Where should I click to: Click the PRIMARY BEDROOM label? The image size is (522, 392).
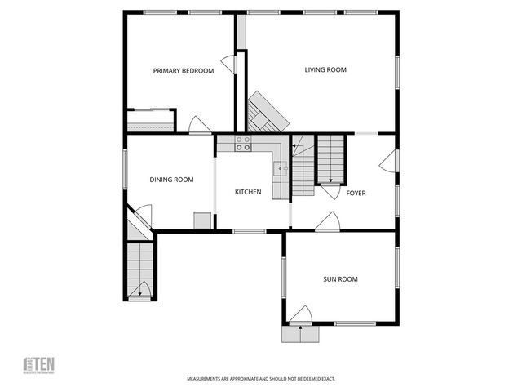pyautogui.click(x=184, y=71)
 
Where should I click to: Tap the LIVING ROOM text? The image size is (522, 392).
pyautogui.click(x=325, y=70)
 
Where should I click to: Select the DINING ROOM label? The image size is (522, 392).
pyautogui.click(x=171, y=180)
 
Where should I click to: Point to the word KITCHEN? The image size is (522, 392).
pyautogui.click(x=248, y=192)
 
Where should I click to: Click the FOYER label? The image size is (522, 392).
pyautogui.click(x=356, y=194)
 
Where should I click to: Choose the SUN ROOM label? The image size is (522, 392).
pyautogui.click(x=340, y=279)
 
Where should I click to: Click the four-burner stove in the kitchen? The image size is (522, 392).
pyautogui.click(x=243, y=143)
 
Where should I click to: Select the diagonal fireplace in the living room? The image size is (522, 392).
pyautogui.click(x=268, y=112)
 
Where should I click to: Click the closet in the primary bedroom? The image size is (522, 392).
pyautogui.click(x=151, y=121)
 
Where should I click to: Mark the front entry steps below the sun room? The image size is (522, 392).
pyautogui.click(x=300, y=332)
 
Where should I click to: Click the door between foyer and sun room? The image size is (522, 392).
pyautogui.click(x=328, y=221)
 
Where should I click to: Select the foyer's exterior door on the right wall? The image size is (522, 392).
pyautogui.click(x=388, y=161)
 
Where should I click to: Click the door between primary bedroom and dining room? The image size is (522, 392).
pyautogui.click(x=200, y=125)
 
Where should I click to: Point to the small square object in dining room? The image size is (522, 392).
pyautogui.click(x=201, y=220)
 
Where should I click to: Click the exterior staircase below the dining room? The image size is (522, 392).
pyautogui.click(x=140, y=270)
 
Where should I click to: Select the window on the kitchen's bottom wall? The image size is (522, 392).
pyautogui.click(x=249, y=232)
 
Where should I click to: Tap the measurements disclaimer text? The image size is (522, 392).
pyautogui.click(x=261, y=379)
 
